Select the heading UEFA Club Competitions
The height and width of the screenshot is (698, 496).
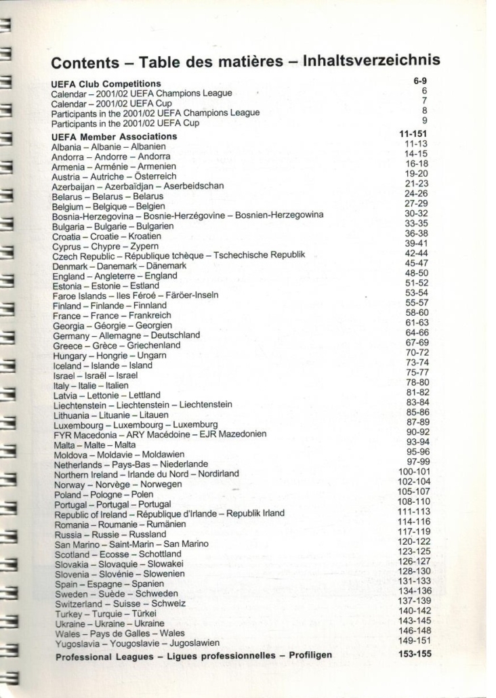tap(98, 83)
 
